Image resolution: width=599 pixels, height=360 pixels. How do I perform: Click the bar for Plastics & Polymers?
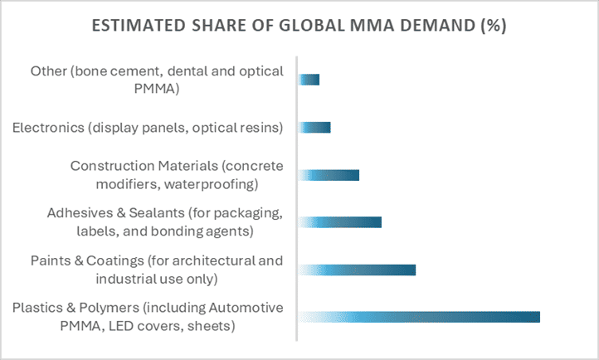pos(419,317)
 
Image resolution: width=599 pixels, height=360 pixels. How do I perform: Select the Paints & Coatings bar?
pos(357,270)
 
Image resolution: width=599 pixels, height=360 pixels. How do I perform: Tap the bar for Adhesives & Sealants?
pos(340,222)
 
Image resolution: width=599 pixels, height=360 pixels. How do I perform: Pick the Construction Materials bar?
pos(329,175)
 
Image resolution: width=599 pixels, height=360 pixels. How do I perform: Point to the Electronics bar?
pos(314,127)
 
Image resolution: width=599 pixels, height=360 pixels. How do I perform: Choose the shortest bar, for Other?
pos(309,80)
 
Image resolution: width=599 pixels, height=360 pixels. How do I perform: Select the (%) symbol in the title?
pos(491,26)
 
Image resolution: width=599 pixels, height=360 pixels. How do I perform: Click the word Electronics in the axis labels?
pos(46,127)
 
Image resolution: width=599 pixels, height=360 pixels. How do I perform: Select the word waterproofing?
pos(218,183)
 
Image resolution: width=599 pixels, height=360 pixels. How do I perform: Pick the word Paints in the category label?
pos(49,261)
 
